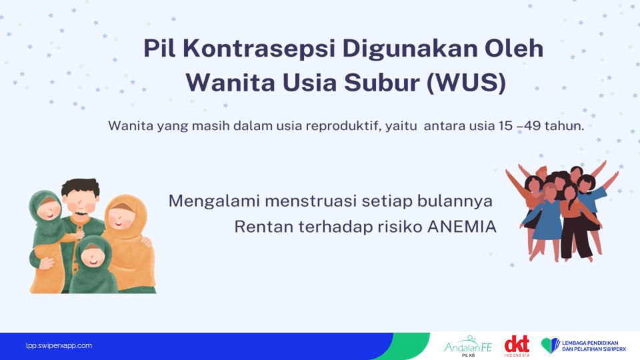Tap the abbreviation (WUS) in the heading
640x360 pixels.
click(467, 83)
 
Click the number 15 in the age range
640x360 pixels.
click(505, 126)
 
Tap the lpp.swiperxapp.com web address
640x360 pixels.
click(59, 346)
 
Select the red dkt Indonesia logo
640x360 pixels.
click(517, 346)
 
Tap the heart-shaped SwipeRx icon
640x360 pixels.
click(550, 345)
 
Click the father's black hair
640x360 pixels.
click(81, 187)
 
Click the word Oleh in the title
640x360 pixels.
click(513, 49)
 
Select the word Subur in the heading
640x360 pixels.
click(381, 83)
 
